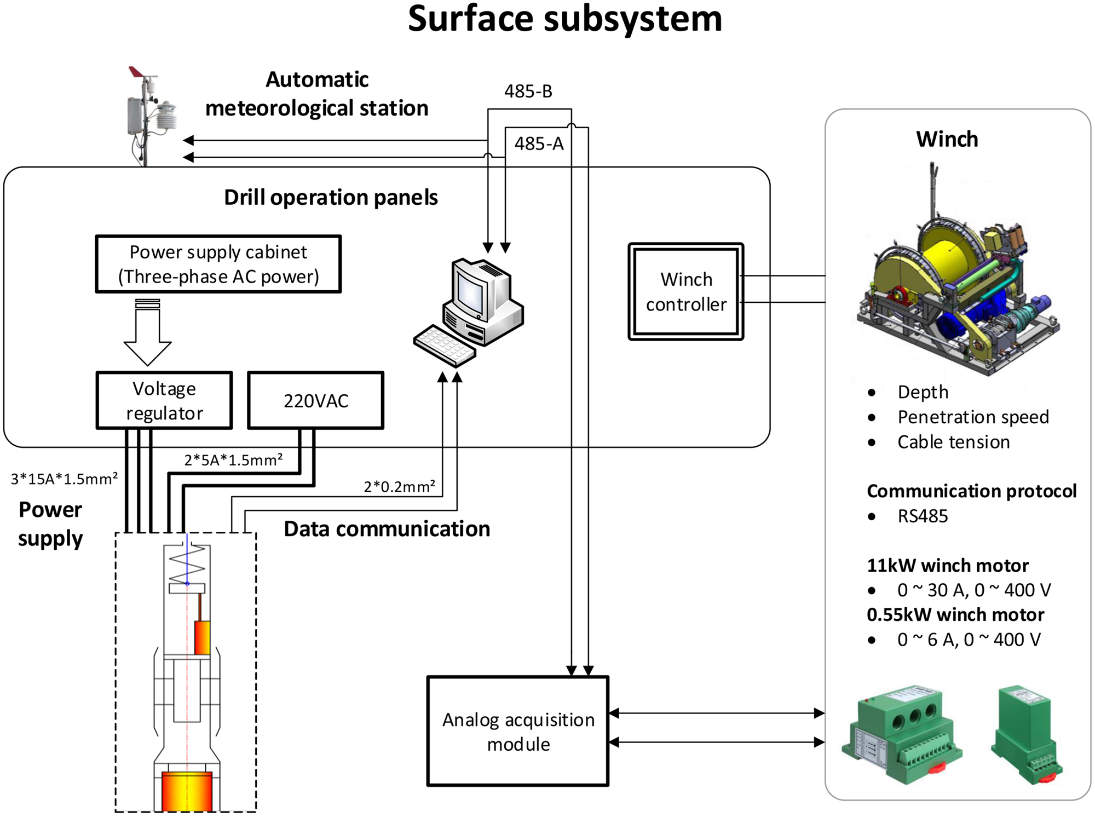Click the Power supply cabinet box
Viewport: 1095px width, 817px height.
(x=218, y=264)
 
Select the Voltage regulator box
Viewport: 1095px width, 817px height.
(x=164, y=400)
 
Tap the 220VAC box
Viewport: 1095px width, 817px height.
(x=316, y=400)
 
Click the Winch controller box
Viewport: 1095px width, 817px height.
(x=686, y=292)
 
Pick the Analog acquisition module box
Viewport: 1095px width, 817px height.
(x=518, y=732)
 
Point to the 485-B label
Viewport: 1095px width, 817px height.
(x=528, y=91)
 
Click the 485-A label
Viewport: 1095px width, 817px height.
(x=539, y=143)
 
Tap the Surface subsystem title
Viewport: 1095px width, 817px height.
(x=564, y=19)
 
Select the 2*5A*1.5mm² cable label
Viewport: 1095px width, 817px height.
(x=233, y=459)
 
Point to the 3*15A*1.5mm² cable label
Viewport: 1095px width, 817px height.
(x=64, y=479)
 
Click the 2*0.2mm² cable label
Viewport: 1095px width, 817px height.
(x=400, y=486)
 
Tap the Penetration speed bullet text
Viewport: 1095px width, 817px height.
(x=973, y=417)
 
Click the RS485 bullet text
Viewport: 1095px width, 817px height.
(x=923, y=516)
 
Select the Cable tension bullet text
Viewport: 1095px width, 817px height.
(x=953, y=442)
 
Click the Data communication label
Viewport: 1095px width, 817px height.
(x=387, y=529)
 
